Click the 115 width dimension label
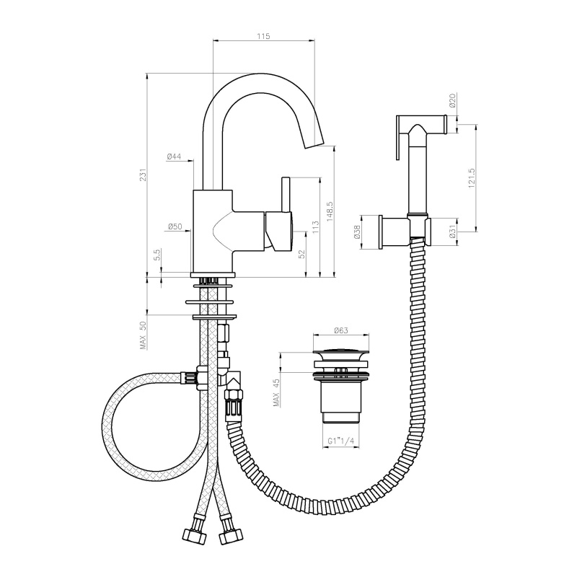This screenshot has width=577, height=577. [263, 36]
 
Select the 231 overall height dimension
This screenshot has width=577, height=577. [143, 175]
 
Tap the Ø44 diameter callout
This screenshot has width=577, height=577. [174, 157]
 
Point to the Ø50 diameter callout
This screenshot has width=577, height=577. [175, 226]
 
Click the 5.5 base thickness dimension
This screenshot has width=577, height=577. [157, 255]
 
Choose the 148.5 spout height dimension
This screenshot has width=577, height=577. [330, 211]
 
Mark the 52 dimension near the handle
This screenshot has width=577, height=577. [301, 254]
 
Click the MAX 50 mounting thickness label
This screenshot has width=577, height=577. [143, 335]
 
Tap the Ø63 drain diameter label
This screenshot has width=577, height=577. [340, 330]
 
